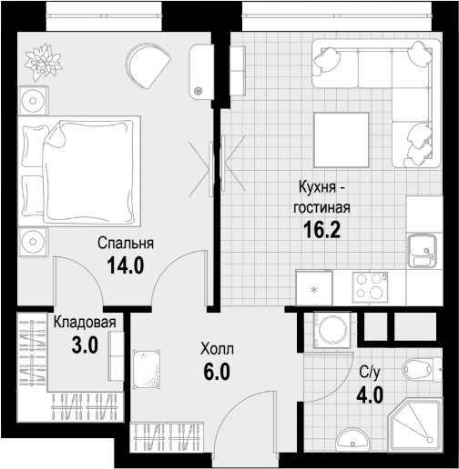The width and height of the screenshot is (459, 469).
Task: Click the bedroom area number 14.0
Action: coord(126,265)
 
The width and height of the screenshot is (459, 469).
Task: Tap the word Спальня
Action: coord(126,243)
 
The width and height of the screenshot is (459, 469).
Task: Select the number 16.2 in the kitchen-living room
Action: coord(322,229)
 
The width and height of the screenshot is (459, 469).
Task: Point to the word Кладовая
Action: coord(85,322)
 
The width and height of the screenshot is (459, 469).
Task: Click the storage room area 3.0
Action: coord(85,345)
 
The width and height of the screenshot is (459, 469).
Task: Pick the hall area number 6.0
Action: coord(217,372)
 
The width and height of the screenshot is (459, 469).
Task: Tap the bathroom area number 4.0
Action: coord(370,395)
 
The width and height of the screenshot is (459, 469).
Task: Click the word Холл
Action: coord(217,349)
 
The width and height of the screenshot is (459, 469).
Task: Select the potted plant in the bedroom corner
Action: coord(44,62)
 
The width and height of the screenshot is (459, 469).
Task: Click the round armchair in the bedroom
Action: coord(148,65)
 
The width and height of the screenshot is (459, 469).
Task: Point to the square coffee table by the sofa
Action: coord(342,140)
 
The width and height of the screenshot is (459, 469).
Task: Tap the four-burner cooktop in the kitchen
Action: coord(370,287)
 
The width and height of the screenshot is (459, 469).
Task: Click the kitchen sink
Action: coord(423,251)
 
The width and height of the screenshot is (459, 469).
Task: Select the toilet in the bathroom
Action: coord(423,369)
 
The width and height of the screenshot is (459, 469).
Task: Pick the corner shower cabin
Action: coord(415,425)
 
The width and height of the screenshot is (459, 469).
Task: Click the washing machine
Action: coord(331,330)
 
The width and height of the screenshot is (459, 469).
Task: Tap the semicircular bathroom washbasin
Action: coord(353,439)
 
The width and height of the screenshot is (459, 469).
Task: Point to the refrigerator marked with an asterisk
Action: coord(314,287)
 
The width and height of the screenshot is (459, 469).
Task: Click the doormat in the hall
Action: coord(147,369)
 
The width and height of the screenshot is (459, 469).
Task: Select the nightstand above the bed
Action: coord(33,100)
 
